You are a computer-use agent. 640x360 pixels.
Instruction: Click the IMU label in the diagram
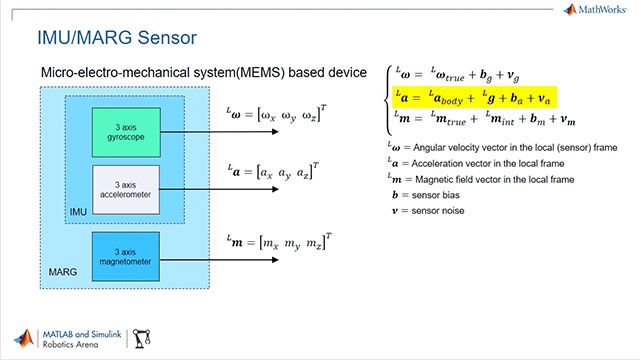click(x=77, y=213)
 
